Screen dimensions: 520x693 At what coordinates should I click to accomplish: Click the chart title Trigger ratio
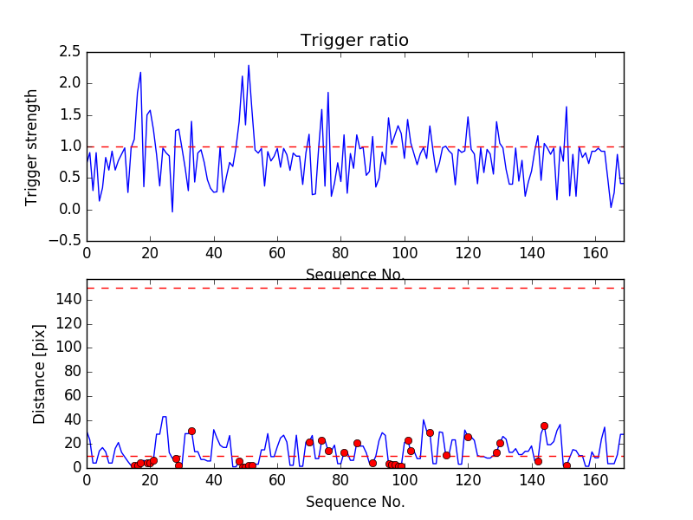pos(354,41)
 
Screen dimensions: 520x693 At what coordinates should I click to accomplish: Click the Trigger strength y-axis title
pos(32,146)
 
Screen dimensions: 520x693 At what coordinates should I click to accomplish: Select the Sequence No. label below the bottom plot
pos(355,501)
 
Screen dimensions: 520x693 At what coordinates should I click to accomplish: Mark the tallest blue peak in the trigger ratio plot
pos(249,65)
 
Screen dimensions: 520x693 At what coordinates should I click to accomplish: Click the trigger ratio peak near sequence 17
pos(140,73)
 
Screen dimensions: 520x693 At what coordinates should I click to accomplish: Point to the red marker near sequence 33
pos(191,431)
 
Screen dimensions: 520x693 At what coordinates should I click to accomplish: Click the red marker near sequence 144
pos(544,426)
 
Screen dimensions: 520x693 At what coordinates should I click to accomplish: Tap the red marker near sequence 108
pos(430,432)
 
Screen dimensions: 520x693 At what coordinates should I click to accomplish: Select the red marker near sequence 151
pos(567,465)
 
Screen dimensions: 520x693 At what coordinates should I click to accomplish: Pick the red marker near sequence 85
pos(357,443)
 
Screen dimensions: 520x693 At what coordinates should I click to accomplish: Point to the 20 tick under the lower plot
pos(150,479)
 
